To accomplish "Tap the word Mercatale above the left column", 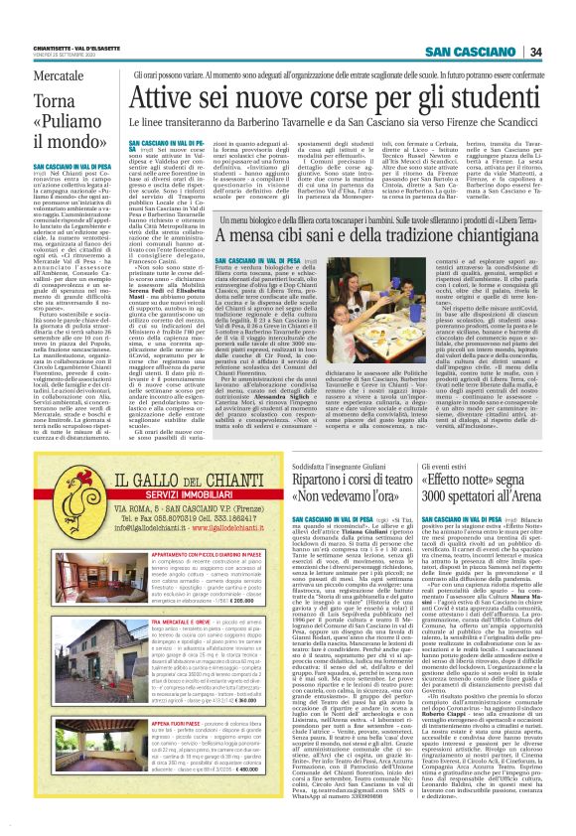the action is pos(59,75).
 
